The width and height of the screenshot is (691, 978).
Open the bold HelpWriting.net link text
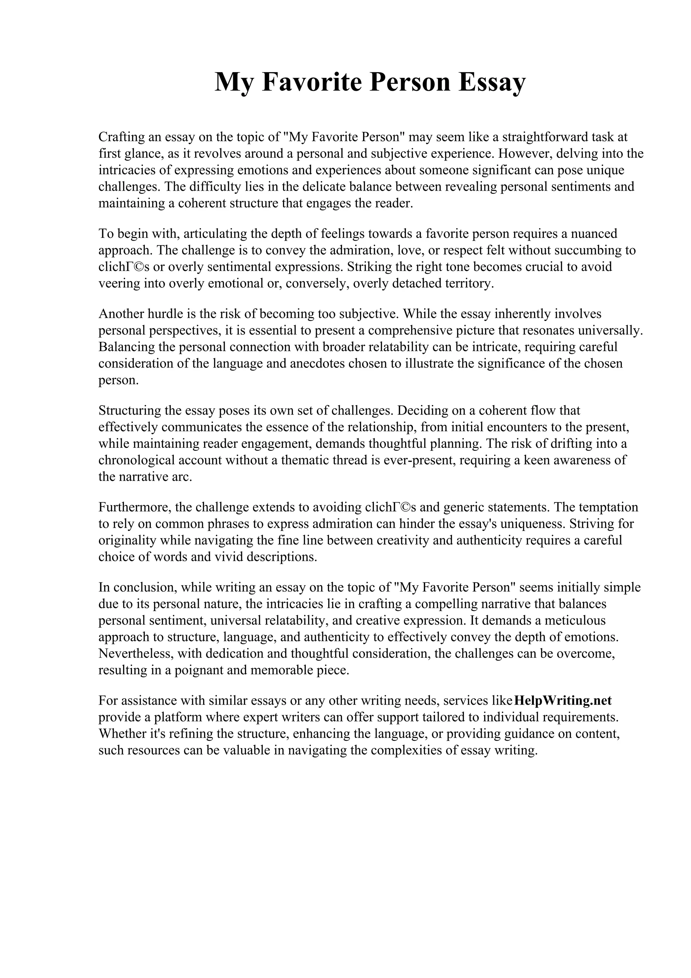563,701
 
